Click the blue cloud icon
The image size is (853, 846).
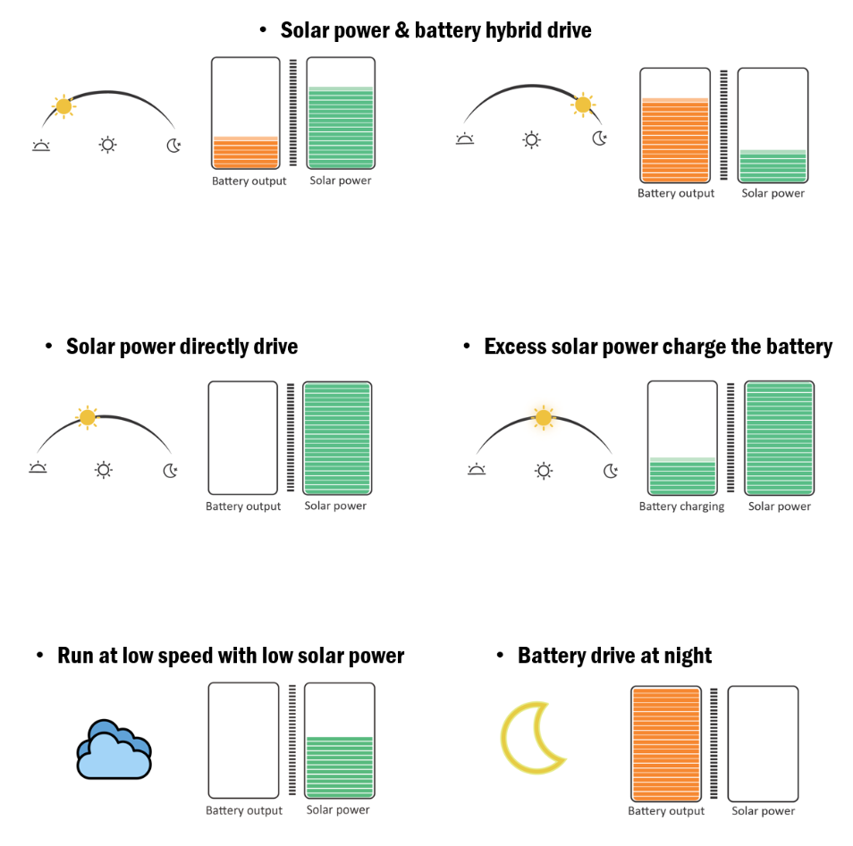tap(114, 750)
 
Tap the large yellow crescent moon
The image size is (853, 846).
tap(531, 737)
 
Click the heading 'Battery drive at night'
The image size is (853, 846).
tap(614, 656)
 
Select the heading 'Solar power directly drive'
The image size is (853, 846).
tap(182, 346)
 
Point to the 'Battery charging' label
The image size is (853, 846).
tap(681, 507)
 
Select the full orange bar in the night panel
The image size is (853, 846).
tap(665, 744)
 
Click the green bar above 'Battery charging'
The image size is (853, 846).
tap(681, 477)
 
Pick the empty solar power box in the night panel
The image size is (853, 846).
tap(763, 743)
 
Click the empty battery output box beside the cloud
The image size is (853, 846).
tap(243, 740)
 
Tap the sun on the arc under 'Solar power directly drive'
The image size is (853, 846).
tap(87, 416)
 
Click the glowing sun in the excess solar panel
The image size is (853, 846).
tap(543, 417)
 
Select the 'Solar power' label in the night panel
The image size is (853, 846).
tap(763, 811)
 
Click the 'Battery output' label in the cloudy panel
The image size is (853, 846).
tap(243, 811)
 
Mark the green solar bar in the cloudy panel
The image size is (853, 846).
tap(339, 766)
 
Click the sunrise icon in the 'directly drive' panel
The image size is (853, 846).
tap(38, 468)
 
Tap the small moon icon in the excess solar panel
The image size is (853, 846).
tap(611, 470)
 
